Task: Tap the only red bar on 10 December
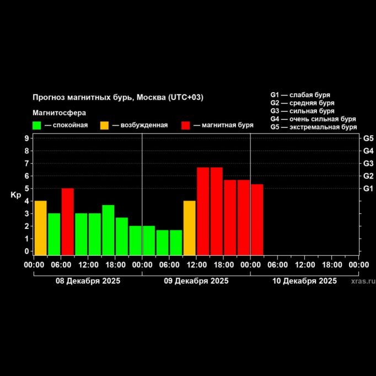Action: point(257,219)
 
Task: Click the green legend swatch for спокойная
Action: point(37,125)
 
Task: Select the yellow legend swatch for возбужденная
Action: point(104,125)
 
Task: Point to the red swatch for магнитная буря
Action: point(186,125)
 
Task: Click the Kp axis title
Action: point(15,195)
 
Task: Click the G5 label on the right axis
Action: point(368,138)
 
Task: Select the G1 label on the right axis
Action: point(368,189)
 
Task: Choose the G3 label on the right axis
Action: point(368,163)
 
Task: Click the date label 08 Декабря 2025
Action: point(88,281)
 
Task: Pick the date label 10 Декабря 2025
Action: point(304,281)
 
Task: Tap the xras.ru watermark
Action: point(363,281)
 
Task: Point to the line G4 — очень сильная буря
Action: point(313,119)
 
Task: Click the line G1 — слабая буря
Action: point(300,95)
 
